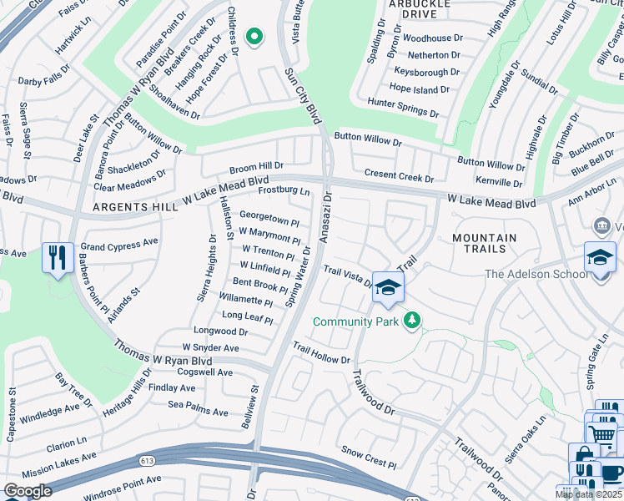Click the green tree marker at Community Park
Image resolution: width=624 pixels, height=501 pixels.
pyautogui.click(x=411, y=320)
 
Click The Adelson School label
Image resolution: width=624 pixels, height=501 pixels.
pyautogui.click(x=535, y=274)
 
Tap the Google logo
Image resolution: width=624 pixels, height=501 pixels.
pyautogui.click(x=28, y=491)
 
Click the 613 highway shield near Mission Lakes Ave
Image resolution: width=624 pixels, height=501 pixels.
pyautogui.click(x=147, y=459)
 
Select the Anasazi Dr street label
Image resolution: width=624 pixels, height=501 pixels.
pyautogui.click(x=326, y=216)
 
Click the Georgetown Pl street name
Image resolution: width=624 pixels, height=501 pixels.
pyautogui.click(x=269, y=220)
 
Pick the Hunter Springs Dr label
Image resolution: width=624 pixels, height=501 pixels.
pyautogui.click(x=403, y=107)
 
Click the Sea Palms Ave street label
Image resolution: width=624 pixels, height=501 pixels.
pyautogui.click(x=198, y=412)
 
